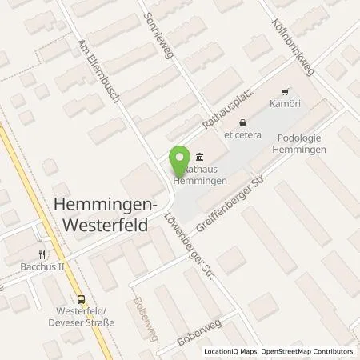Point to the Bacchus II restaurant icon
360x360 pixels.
pos(38,232)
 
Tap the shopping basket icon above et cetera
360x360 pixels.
pos(241,122)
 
